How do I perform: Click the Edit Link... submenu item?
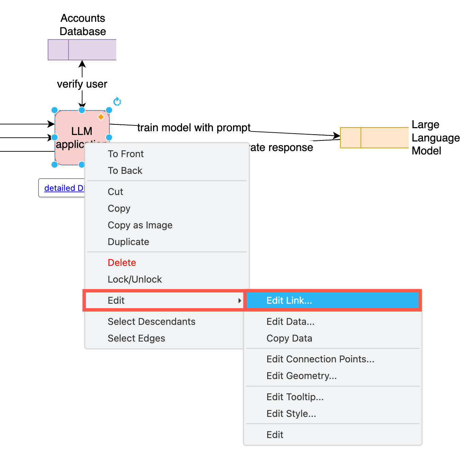point(289,300)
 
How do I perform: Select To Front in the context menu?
point(126,154)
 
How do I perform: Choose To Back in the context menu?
point(125,170)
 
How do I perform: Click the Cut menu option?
point(115,192)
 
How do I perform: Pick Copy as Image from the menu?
point(140,225)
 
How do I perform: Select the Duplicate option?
point(128,242)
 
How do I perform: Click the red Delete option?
point(122,262)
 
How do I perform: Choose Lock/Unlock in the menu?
point(135,279)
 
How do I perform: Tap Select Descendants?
point(151,321)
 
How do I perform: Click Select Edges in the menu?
point(136,338)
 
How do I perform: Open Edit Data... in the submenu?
point(290,321)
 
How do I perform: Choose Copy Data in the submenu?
point(289,338)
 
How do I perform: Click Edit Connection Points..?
point(320,359)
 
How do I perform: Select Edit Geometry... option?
point(301,376)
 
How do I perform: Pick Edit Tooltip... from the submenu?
point(295,397)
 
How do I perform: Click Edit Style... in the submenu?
point(291,413)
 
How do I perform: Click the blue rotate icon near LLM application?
point(117,102)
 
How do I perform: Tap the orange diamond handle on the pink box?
point(101,117)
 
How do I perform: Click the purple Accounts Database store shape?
point(82,50)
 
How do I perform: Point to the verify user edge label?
point(82,84)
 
